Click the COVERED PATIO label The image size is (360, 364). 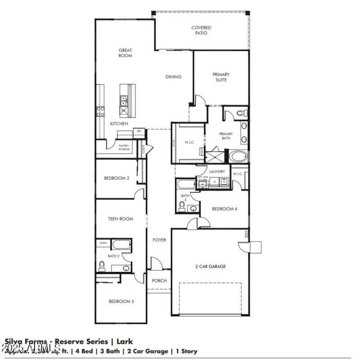(x=201, y=30)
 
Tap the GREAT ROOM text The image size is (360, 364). (x=125, y=53)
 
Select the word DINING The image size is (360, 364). (x=173, y=77)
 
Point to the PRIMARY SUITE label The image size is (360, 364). (x=221, y=77)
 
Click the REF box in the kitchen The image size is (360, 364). (x=139, y=131)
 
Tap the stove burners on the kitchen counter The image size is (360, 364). (x=99, y=111)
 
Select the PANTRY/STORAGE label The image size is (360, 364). (x=124, y=147)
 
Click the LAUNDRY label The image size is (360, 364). (x=217, y=172)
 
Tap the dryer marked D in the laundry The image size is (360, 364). (x=215, y=182)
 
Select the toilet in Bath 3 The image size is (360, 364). (x=182, y=207)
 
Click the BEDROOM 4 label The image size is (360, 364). (x=225, y=209)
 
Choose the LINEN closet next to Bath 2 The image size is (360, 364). (x=103, y=243)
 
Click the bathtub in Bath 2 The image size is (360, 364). (x=121, y=245)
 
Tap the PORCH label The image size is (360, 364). (x=159, y=281)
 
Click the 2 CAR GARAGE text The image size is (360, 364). (x=210, y=266)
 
